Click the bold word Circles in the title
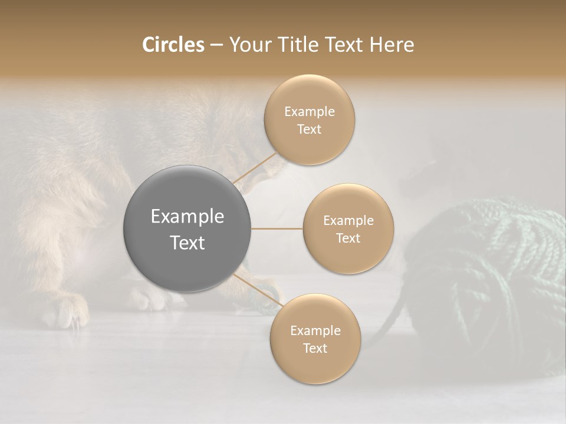[173, 45]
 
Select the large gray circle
[187, 228]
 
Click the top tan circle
[309, 120]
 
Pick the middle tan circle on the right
[348, 228]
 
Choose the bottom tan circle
[315, 339]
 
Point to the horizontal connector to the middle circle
[277, 228]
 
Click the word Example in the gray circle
[187, 216]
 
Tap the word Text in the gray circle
[187, 242]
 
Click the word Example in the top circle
[309, 111]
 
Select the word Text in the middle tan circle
[348, 238]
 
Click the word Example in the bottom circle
[315, 330]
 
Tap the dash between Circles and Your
[216, 45]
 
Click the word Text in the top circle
[309, 129]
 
